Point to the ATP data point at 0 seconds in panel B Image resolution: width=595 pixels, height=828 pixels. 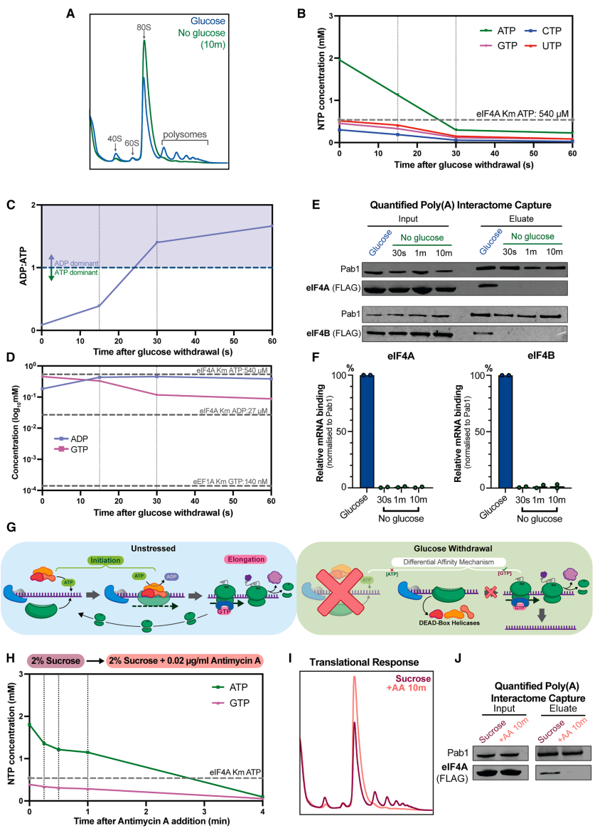[340, 60]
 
